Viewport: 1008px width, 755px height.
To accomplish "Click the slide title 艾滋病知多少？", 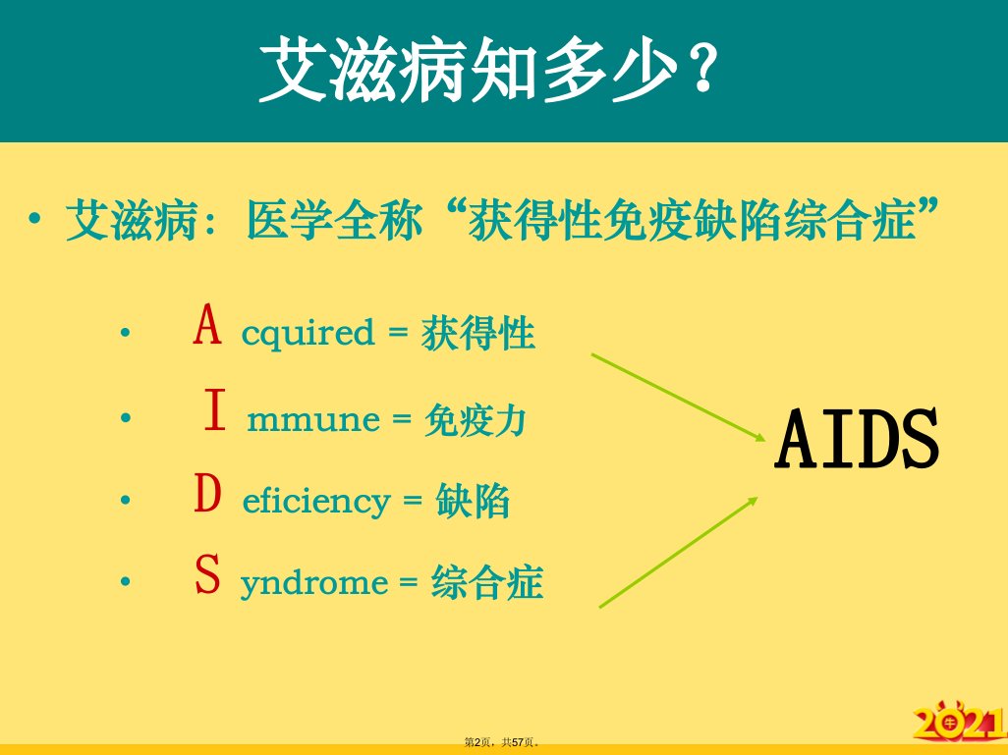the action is [x=488, y=69].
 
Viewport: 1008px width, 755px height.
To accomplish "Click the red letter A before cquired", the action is [x=207, y=325].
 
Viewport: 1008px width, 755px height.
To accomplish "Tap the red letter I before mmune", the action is [x=215, y=409].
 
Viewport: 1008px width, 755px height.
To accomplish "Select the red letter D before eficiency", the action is [x=207, y=493].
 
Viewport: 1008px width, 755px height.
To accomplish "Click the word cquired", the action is [x=308, y=334].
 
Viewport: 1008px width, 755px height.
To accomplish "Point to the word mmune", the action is [x=313, y=420].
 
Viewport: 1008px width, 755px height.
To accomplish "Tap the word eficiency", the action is [x=316, y=501].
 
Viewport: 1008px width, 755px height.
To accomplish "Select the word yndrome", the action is [x=314, y=583].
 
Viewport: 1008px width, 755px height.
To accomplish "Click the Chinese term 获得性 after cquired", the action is [x=478, y=333].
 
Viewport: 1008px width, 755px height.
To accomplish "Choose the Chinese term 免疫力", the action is [x=476, y=420].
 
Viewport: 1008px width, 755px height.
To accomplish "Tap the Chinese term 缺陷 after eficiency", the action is [x=474, y=501].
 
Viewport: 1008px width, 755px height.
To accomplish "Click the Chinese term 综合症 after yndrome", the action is [x=487, y=582].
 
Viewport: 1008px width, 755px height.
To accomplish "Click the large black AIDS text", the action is [x=858, y=439].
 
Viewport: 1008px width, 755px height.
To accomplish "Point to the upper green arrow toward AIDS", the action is [x=678, y=397].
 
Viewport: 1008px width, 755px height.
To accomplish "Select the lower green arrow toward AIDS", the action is [x=678, y=552].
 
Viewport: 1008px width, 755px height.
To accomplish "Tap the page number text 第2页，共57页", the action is [x=502, y=742].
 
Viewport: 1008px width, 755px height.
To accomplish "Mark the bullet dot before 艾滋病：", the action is [x=34, y=219].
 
